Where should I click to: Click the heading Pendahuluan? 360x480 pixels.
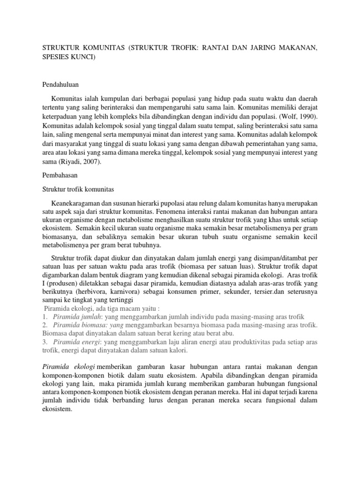[x=60, y=84]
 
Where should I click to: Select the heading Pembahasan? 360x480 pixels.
[x=60, y=174]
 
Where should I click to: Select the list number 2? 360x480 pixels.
[x=45, y=325]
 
